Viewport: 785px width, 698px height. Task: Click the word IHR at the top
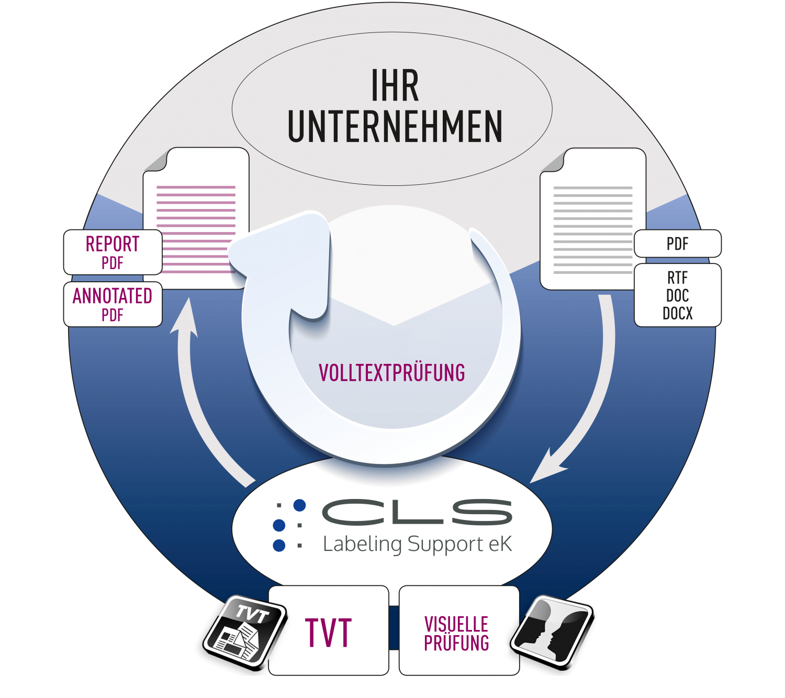395,86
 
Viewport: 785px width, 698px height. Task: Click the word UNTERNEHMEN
395,127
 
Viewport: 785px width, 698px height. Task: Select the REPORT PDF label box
113,252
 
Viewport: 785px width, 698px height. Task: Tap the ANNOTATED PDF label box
113,304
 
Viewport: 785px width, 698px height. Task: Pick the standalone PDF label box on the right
677,244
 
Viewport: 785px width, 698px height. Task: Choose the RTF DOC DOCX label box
677,295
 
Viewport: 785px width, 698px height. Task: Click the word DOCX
677,314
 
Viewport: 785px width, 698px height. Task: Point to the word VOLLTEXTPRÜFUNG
392,373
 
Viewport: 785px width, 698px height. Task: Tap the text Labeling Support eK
417,544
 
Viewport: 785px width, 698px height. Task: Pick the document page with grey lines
592,220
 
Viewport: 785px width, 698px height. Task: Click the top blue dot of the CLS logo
299,505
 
